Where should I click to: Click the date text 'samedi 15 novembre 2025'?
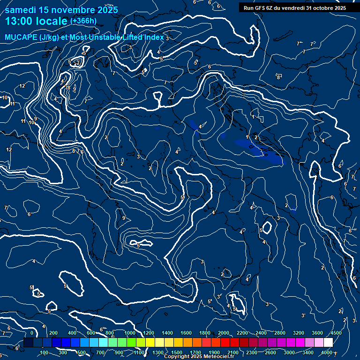click(x=61, y=10)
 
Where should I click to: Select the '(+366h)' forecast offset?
click(x=83, y=21)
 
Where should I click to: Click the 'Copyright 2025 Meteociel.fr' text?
click(x=199, y=357)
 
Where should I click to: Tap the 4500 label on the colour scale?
click(x=336, y=333)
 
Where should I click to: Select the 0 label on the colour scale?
click(x=32, y=333)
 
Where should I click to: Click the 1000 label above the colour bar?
click(x=130, y=333)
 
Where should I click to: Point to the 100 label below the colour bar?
click(x=45, y=352)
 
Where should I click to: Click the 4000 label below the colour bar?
click(x=327, y=352)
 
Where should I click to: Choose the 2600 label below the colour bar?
click(x=270, y=352)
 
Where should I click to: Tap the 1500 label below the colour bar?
click(x=177, y=352)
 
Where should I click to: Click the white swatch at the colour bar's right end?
click(x=328, y=343)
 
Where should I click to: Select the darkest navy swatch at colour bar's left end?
click(x=28, y=343)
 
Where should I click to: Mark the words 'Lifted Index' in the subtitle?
click(x=144, y=37)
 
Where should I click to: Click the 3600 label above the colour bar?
click(x=317, y=333)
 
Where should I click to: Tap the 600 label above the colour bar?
click(x=91, y=333)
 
